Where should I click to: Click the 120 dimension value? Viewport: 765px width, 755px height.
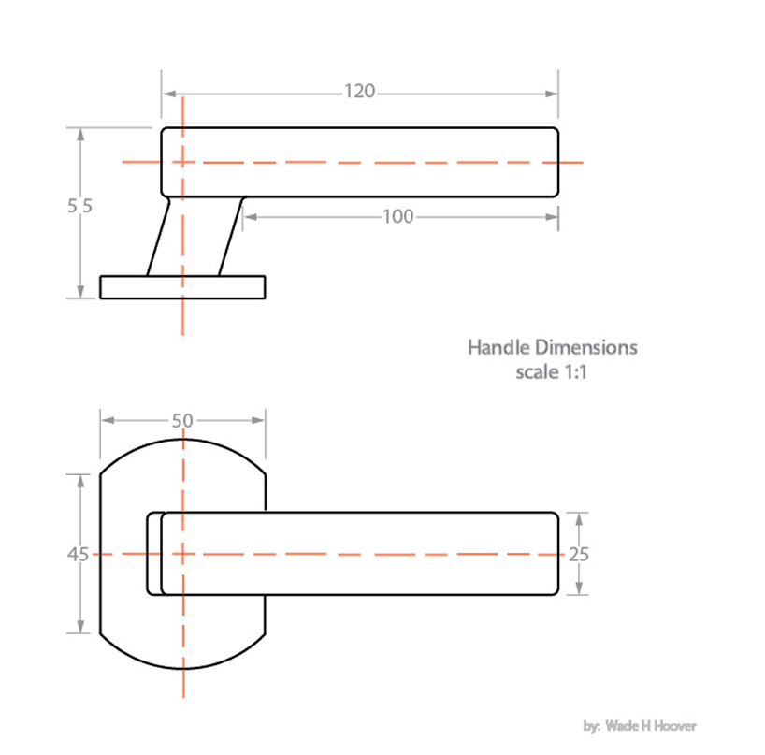point(359,92)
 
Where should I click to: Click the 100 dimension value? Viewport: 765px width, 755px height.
point(397,217)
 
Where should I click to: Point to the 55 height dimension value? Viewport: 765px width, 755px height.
point(79,207)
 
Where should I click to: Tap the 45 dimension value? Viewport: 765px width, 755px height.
point(78,554)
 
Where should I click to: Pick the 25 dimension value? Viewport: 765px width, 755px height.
point(579,554)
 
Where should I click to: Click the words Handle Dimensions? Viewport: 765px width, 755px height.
point(552,347)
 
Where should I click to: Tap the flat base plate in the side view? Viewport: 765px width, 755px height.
point(182,287)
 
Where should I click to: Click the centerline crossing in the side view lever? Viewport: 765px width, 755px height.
point(182,162)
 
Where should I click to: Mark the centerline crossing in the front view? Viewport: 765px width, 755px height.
point(182,554)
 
